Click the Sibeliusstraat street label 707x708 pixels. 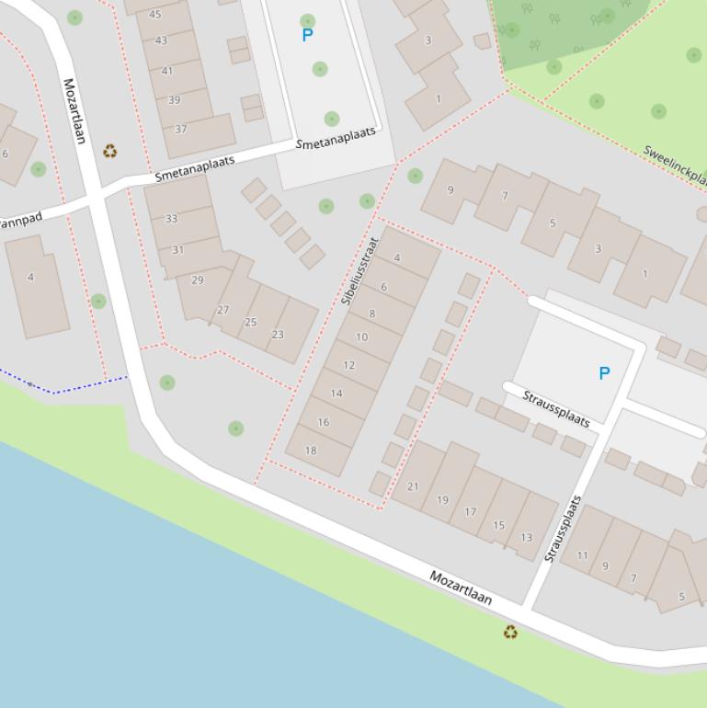(360, 270)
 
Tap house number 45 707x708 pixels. (154, 15)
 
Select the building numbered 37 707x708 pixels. (181, 130)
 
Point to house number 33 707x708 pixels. (172, 219)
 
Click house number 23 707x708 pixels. (278, 335)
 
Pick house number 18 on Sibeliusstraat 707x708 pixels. (311, 451)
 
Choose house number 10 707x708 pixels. (361, 337)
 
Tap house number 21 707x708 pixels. (413, 487)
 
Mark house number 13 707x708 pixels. (527, 538)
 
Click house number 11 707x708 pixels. (583, 555)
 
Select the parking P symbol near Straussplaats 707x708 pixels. (604, 373)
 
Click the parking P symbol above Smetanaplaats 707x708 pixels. (307, 36)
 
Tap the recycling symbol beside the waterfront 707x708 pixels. (510, 633)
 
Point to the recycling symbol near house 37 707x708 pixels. (110, 151)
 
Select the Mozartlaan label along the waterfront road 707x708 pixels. (461, 588)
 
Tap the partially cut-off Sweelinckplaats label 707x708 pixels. (674, 165)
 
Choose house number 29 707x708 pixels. (198, 280)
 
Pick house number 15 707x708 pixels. (499, 526)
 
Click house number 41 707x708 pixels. (167, 71)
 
